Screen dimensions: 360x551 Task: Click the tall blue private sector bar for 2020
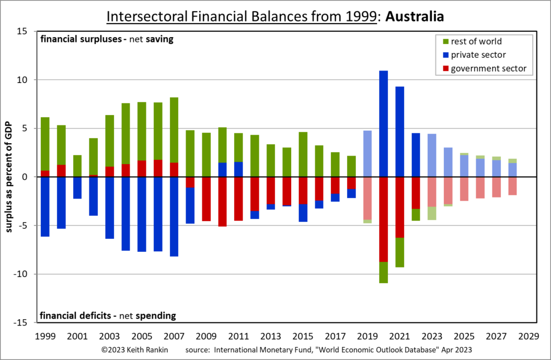point(384,124)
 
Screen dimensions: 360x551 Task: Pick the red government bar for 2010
point(222,201)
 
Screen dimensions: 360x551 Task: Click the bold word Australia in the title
point(414,16)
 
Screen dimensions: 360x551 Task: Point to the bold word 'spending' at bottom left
point(157,315)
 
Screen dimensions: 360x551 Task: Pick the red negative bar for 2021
point(400,207)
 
